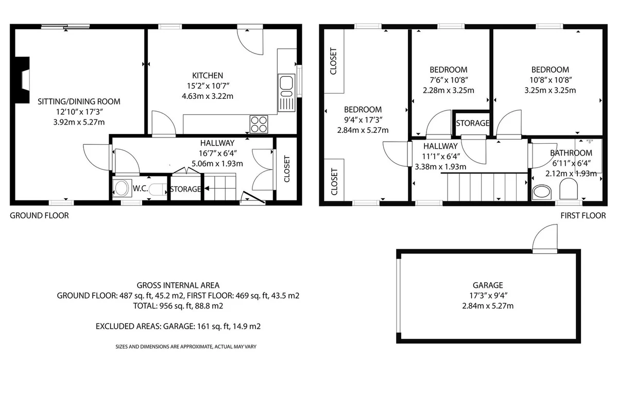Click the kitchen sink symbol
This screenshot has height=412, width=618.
[286, 93]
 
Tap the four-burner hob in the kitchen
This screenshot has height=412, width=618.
[259, 124]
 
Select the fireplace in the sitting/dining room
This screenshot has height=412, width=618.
[22, 80]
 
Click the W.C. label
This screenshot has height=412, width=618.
[141, 188]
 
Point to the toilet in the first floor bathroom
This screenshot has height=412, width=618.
[569, 189]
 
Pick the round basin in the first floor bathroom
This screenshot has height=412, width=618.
[542, 192]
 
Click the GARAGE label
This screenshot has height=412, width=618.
[488, 285]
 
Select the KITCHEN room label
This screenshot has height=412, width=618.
[208, 75]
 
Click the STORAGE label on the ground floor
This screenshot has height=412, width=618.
[185, 189]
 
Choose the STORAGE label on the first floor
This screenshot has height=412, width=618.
[473, 123]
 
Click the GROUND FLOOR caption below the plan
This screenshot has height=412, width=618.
[39, 215]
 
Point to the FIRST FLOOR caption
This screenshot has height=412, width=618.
[583, 215]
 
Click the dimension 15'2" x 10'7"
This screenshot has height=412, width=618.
[208, 86]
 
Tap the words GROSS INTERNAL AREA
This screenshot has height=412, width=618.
[178, 285]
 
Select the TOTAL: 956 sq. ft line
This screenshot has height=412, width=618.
[178, 306]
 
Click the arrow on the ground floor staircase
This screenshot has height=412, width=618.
[207, 188]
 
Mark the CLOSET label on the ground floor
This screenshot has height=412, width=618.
[287, 169]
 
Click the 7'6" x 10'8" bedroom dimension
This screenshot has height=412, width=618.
[449, 80]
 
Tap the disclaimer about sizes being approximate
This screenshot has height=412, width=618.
[186, 347]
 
